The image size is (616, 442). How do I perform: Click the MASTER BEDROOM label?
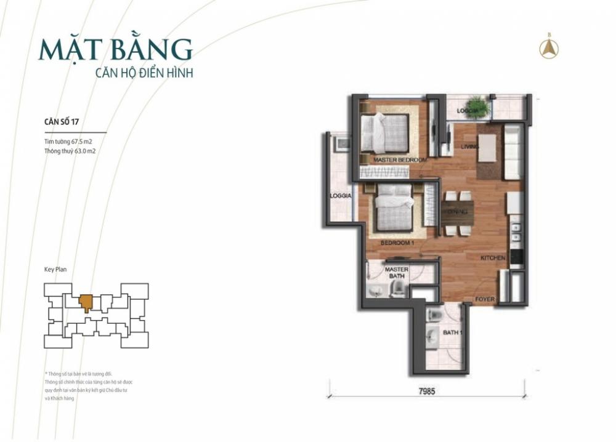400,160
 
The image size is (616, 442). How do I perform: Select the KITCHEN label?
493,258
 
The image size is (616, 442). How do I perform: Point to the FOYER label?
485,300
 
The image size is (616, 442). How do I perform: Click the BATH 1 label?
453,333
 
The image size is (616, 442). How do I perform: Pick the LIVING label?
471,146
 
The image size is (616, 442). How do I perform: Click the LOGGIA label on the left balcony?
340,196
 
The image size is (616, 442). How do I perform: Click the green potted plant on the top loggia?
477,107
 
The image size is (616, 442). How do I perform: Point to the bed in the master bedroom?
384,132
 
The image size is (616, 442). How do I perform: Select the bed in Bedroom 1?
395,209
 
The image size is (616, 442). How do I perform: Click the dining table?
457,212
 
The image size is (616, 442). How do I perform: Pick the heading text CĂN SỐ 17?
62,121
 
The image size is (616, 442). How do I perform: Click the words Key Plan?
55,269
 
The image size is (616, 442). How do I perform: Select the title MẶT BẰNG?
115,49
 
